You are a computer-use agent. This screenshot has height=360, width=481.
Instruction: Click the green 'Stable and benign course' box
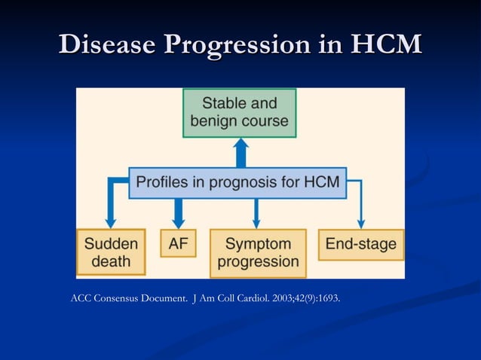pyautogui.click(x=240, y=112)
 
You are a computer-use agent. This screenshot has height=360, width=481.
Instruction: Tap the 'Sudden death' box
pyautogui.click(x=111, y=252)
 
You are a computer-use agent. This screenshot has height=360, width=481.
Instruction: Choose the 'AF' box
pyautogui.click(x=178, y=243)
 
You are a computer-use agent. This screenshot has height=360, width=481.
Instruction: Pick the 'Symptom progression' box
pyautogui.click(x=257, y=252)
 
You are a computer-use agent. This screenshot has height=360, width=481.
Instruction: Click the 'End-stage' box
pyautogui.click(x=360, y=244)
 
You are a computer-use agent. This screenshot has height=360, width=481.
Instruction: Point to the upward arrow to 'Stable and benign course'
pyautogui.click(x=240, y=152)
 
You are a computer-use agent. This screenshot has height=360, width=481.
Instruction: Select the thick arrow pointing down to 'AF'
pyautogui.click(x=178, y=213)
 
